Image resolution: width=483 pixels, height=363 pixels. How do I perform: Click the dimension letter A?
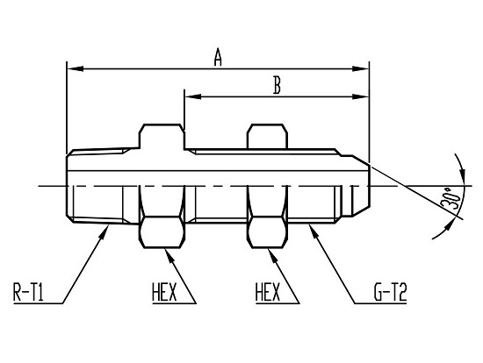point(218,57)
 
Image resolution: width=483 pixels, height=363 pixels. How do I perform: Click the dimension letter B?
point(277,85)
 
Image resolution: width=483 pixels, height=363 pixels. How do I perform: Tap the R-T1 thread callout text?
point(28,292)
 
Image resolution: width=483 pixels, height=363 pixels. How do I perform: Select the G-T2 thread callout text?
point(390,292)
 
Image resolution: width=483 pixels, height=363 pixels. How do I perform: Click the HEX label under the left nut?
point(164,292)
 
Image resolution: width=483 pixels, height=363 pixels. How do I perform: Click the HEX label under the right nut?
point(268,292)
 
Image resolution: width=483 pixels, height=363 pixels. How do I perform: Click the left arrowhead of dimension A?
point(76,68)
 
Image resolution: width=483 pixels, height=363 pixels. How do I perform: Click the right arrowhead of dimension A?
point(360,68)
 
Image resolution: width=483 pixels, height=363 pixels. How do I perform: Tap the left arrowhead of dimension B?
point(193,96)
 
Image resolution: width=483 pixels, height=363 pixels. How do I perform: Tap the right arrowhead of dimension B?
point(360,96)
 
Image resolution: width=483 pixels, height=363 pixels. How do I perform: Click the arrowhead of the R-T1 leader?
point(105,231)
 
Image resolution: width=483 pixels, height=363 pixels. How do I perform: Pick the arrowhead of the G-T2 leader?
point(313,231)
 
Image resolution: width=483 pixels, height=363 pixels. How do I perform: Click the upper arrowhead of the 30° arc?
point(462,174)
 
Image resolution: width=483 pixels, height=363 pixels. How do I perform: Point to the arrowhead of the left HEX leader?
point(169,255)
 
